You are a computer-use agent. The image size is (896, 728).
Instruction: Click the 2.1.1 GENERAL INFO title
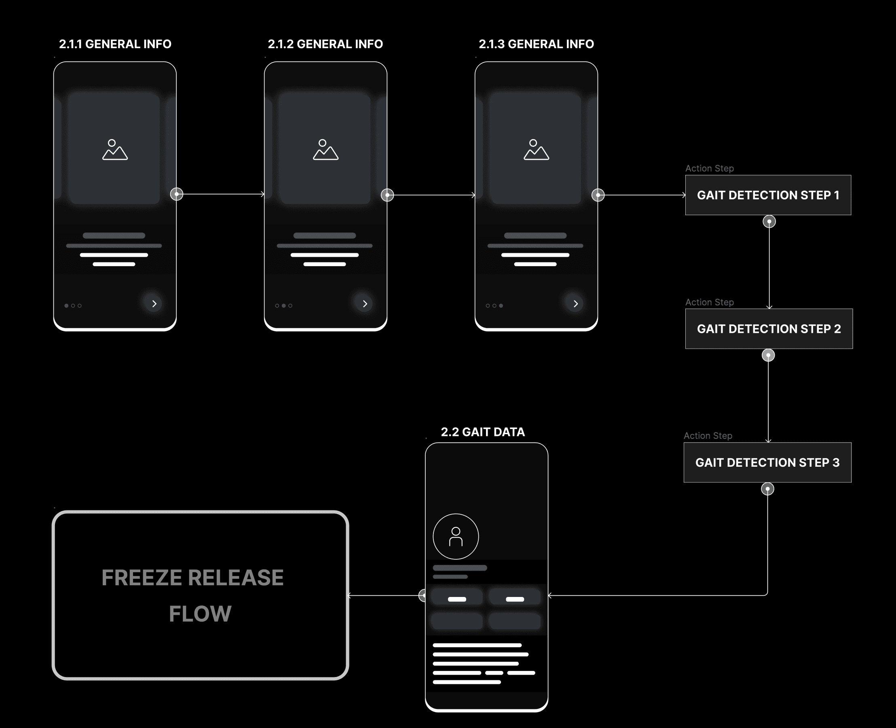[x=115, y=44]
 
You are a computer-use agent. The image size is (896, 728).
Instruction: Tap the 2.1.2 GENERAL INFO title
[x=325, y=44]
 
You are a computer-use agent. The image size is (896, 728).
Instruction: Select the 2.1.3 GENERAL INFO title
[x=536, y=44]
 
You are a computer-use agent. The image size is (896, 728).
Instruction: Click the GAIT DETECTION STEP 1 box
[x=768, y=195]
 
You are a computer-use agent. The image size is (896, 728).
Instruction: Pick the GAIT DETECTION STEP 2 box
[x=769, y=329]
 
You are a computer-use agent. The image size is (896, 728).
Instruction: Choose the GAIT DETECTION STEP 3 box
[x=767, y=463]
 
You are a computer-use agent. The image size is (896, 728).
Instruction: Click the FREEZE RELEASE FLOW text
[x=193, y=595]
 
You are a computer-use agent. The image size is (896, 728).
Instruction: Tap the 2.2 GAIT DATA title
[x=483, y=432]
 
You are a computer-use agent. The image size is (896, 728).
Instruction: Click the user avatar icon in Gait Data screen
[x=456, y=536]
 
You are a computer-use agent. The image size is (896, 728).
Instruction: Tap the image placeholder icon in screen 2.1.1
[x=115, y=150]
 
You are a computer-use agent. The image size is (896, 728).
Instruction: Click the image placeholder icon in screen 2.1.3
[x=536, y=150]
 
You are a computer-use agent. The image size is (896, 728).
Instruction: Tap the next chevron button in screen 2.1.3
[x=575, y=304]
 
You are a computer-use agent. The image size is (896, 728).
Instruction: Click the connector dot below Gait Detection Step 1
[x=769, y=221]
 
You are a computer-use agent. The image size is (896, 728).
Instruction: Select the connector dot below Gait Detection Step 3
[x=767, y=489]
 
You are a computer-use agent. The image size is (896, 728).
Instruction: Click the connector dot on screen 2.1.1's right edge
[x=177, y=194]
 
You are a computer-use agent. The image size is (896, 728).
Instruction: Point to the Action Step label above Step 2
[x=710, y=303]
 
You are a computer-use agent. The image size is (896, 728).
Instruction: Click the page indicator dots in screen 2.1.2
[x=283, y=306]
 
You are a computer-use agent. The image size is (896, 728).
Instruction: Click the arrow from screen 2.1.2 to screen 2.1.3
[x=432, y=195]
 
